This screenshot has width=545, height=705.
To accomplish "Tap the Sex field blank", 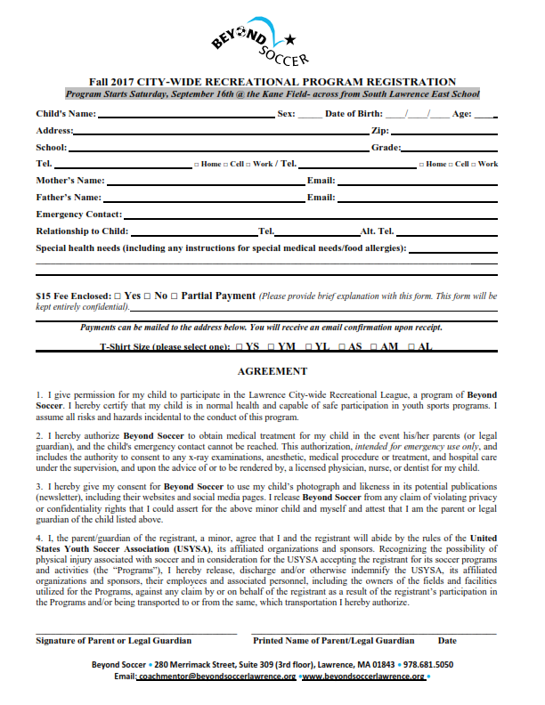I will click(x=310, y=116).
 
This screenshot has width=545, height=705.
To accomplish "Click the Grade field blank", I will click(x=449, y=149).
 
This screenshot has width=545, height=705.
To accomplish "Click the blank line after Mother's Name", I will click(x=204, y=182).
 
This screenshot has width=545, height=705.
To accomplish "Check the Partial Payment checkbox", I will click(x=175, y=296).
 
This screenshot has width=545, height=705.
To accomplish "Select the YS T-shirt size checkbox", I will click(x=238, y=347).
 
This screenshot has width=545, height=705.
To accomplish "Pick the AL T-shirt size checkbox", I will click(x=411, y=347).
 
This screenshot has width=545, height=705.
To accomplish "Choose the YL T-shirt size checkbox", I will click(x=308, y=347).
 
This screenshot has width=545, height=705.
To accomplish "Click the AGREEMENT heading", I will click(x=272, y=371).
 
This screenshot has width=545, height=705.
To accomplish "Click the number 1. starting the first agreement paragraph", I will click(x=39, y=393).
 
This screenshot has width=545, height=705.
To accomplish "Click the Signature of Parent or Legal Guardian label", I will click(x=113, y=640).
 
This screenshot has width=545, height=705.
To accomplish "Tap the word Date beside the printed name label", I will click(x=447, y=640).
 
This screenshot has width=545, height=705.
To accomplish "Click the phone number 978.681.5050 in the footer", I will click(x=427, y=664).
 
